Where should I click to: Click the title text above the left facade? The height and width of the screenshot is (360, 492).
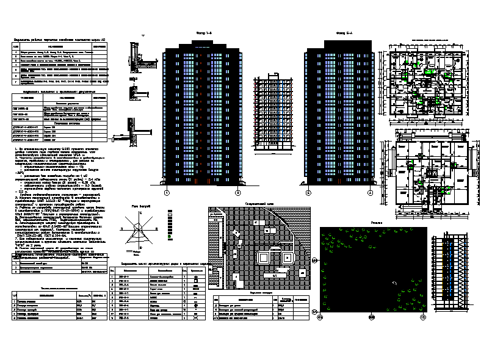tap(203, 32)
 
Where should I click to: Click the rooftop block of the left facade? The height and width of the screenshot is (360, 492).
tap(203, 41)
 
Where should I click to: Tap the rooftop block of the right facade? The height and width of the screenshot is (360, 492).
tap(339, 41)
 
